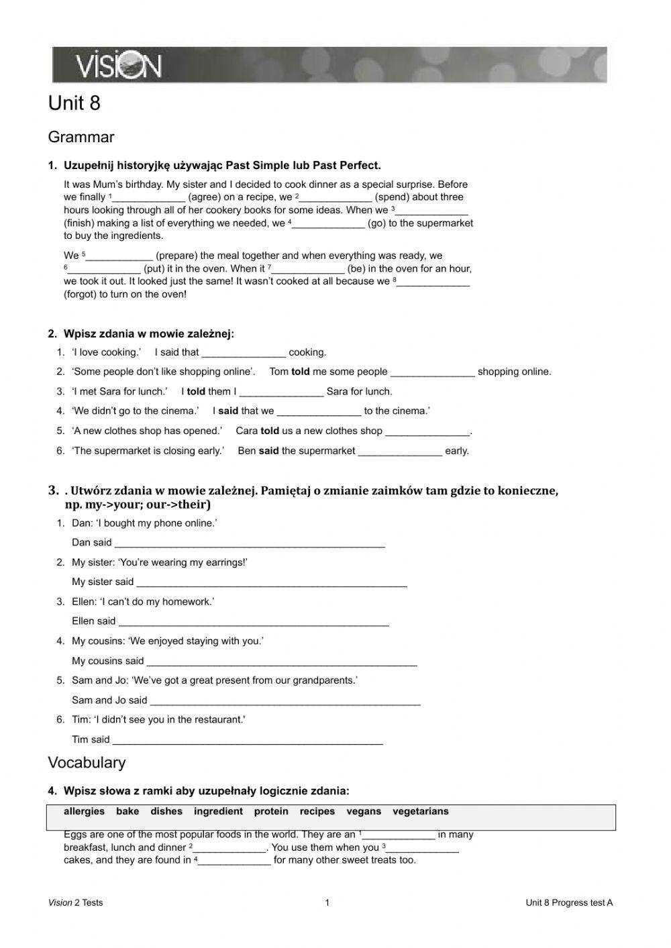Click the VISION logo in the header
click(118, 66)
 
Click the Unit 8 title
click(74, 103)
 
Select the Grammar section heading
click(81, 138)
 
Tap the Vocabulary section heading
click(87, 763)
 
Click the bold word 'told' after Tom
click(301, 372)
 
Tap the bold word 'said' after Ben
click(268, 451)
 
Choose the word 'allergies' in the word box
click(85, 811)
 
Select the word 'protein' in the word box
click(271, 811)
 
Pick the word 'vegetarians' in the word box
click(421, 811)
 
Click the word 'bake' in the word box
click(127, 811)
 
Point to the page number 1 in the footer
click(327, 902)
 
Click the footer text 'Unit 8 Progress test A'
click(569, 902)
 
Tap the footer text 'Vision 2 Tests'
click(76, 902)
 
